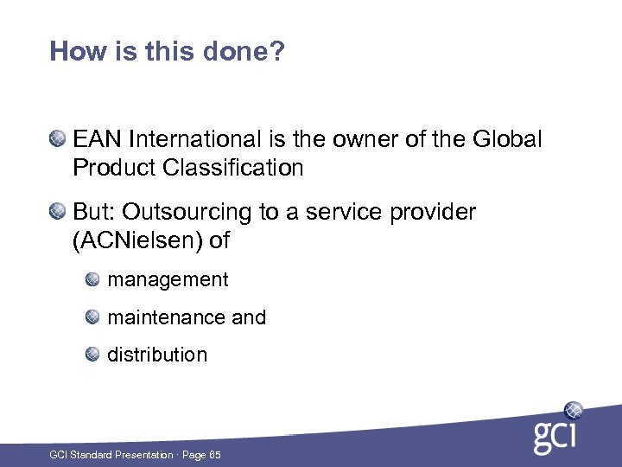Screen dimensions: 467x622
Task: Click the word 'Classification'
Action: click(232, 168)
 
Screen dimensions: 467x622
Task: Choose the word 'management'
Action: click(168, 280)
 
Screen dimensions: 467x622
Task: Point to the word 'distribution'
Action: click(157, 355)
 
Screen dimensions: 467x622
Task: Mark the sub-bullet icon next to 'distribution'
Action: click(93, 354)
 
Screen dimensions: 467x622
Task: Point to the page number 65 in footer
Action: click(214, 455)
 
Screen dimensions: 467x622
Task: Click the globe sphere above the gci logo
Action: click(573, 410)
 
